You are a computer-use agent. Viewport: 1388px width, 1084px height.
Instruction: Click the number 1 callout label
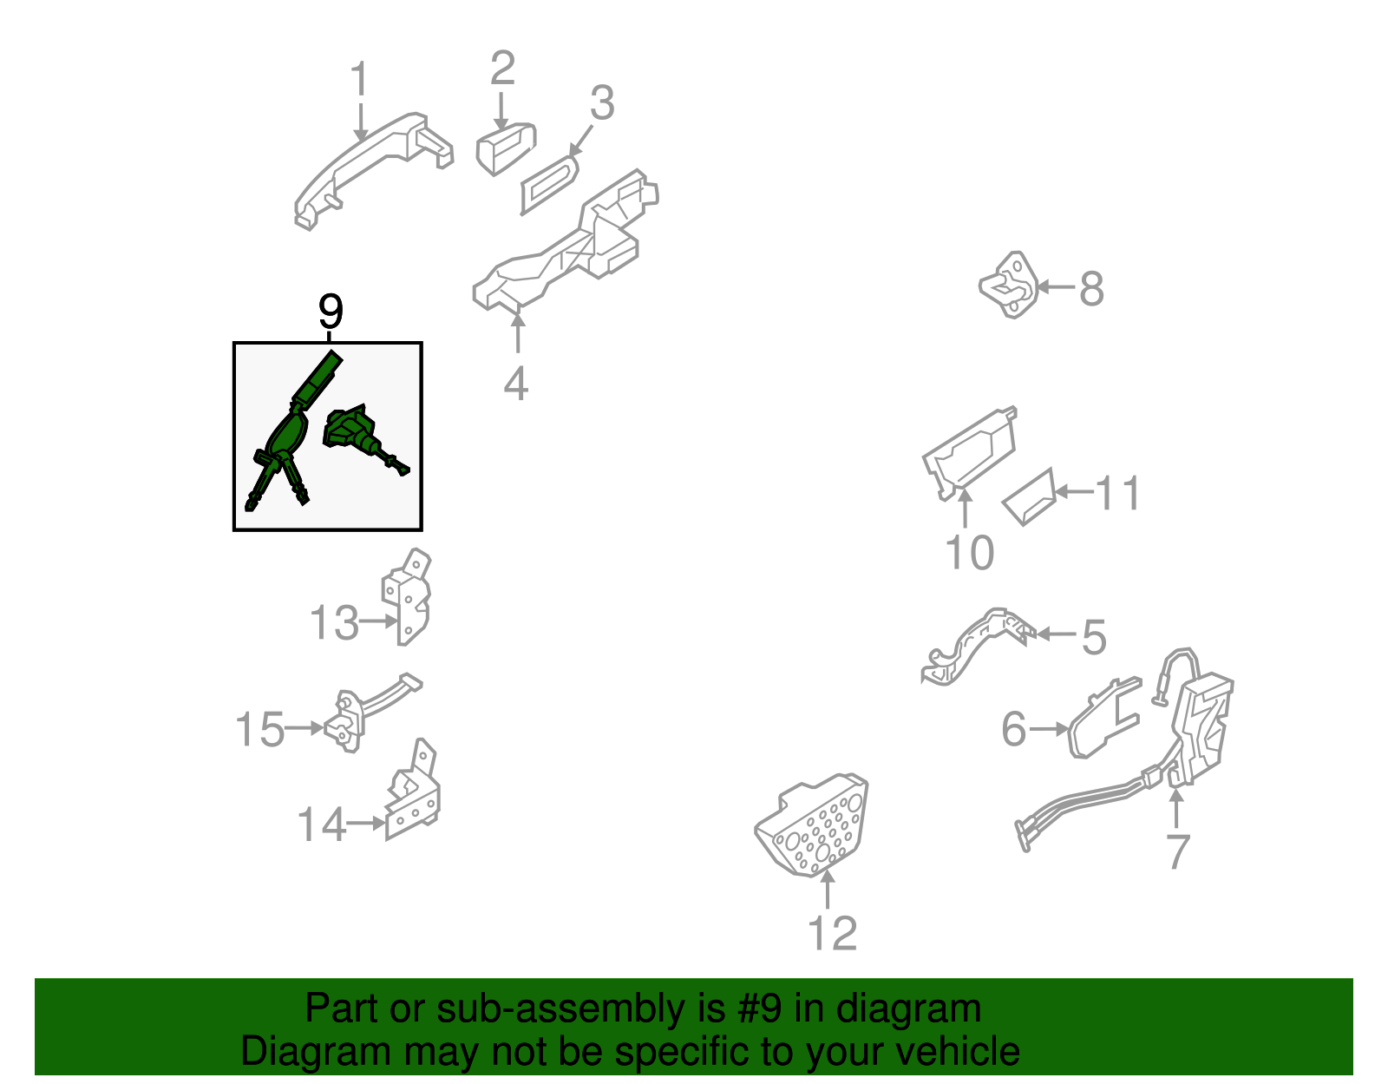pyautogui.click(x=360, y=79)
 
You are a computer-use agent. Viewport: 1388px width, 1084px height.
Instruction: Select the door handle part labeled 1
pyautogui.click(x=374, y=169)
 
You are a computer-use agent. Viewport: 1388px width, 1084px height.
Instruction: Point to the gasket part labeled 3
pyautogui.click(x=549, y=185)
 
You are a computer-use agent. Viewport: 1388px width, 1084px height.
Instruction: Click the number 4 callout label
pyautogui.click(x=516, y=384)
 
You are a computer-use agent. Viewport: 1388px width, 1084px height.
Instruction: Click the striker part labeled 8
pyautogui.click(x=1009, y=285)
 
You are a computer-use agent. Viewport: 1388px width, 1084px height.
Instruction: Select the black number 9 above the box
pyautogui.click(x=331, y=312)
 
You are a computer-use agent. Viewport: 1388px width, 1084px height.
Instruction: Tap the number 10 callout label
pyautogui.click(x=969, y=552)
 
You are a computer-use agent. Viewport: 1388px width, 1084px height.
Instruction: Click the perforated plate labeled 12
pyautogui.click(x=811, y=824)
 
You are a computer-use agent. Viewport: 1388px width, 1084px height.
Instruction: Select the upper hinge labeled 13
pyautogui.click(x=406, y=596)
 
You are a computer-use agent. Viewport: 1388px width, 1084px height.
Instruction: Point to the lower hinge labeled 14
pyautogui.click(x=413, y=790)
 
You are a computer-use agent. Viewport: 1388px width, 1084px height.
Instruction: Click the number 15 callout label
pyautogui.click(x=259, y=729)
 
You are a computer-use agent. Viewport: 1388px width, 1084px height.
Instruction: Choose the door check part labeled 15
pyautogui.click(x=367, y=713)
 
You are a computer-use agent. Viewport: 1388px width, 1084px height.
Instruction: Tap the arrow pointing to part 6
pyautogui.click(x=1048, y=729)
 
